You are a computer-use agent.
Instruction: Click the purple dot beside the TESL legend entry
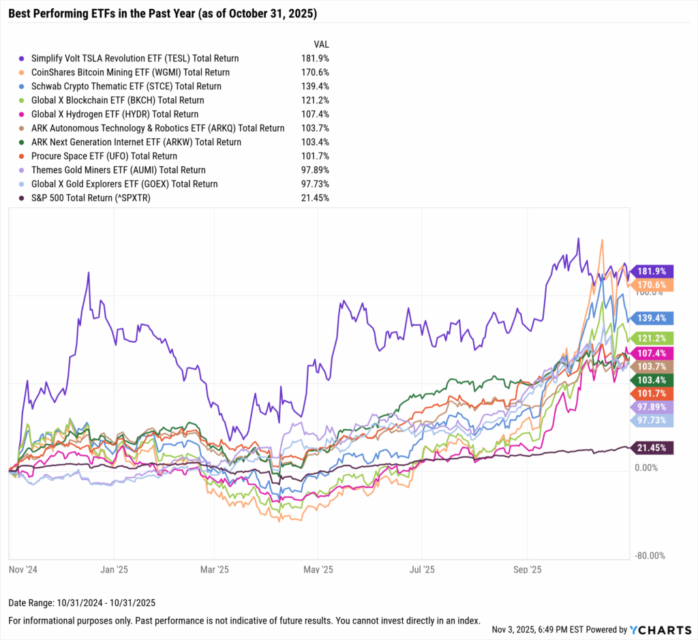[22, 59]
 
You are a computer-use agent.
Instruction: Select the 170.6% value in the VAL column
[316, 72]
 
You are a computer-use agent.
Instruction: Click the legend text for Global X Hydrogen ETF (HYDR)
[115, 115]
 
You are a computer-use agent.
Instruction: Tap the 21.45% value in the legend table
[316, 198]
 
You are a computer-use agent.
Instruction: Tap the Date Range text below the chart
[82, 603]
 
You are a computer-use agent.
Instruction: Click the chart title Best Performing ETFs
[162, 14]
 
